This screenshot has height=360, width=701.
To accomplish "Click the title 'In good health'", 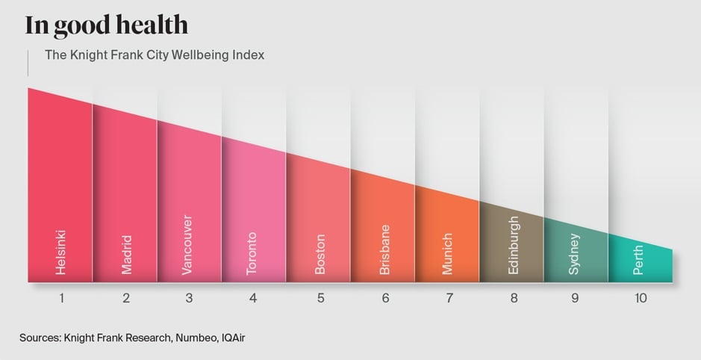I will [106, 25].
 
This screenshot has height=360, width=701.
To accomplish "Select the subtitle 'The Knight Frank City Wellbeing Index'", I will [155, 55].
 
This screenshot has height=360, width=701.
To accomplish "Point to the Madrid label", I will [126, 254].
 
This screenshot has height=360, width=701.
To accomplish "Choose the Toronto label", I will [252, 253].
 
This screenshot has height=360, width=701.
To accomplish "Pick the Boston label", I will [320, 255].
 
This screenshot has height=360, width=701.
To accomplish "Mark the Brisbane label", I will [385, 250].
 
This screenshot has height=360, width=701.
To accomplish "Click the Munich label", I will [448, 254].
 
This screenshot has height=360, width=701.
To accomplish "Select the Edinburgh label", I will [513, 245].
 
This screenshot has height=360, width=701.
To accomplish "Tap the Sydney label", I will [574, 254].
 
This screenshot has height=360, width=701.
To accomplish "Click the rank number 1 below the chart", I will [62, 298].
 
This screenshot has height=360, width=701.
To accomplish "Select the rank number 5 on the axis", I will [320, 298].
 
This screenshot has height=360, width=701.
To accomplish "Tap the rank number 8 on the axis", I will [514, 298].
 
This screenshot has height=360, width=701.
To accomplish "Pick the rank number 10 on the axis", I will [640, 298].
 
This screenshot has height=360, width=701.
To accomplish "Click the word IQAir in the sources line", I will [230, 338].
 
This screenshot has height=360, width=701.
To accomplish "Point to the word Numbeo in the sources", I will [195, 338].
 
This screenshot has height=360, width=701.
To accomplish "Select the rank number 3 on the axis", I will [189, 298].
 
